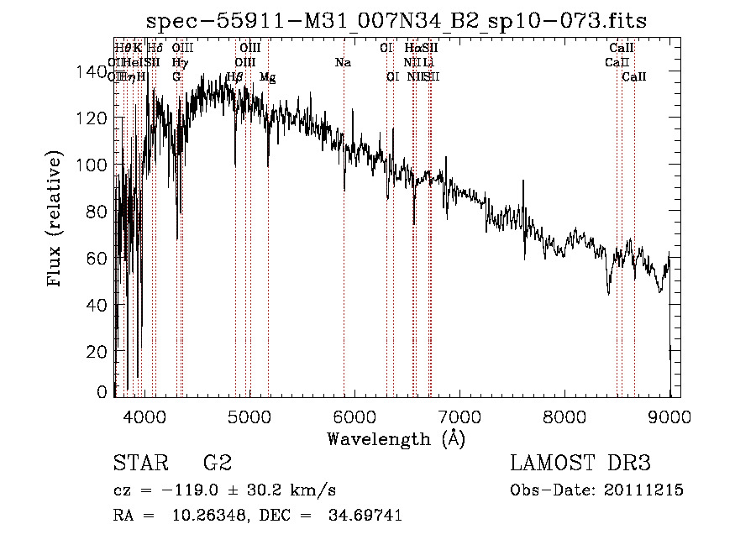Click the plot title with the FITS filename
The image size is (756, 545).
tap(396, 20)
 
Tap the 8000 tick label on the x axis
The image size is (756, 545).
tap(564, 415)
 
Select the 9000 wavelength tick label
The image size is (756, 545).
tap(669, 415)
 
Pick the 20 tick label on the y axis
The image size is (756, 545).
tap(99, 351)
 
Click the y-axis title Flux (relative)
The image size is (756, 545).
tap(56, 220)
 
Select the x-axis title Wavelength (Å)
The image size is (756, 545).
tap(396, 438)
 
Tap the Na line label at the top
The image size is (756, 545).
tap(343, 63)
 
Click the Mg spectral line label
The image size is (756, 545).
tap(267, 77)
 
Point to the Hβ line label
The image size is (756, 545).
tap(235, 77)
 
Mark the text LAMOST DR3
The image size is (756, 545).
tap(580, 464)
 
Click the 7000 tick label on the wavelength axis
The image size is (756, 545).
tap(459, 415)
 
